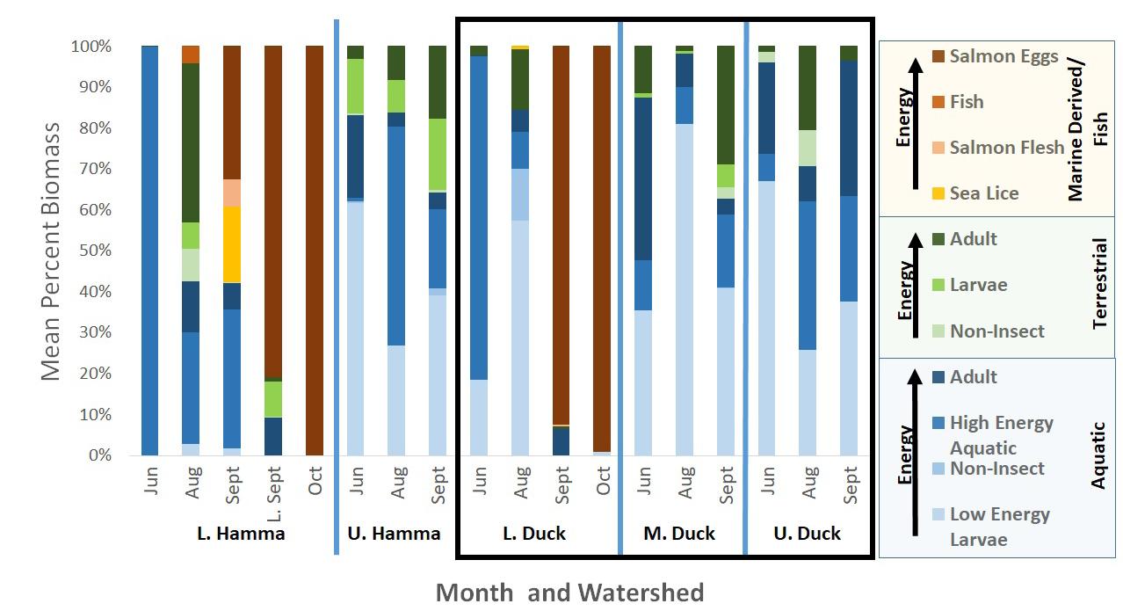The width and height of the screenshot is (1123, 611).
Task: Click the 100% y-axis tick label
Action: tap(91, 46)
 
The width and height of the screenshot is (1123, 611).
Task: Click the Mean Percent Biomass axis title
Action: tap(52, 251)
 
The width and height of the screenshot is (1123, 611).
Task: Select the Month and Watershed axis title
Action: tap(569, 593)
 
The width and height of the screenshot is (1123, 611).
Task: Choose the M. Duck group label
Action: tap(680, 534)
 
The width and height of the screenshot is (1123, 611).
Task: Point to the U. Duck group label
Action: tap(807, 534)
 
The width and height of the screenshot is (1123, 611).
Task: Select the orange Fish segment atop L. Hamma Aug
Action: tap(191, 55)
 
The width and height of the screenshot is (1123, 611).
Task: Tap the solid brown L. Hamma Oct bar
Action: tap(315, 251)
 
